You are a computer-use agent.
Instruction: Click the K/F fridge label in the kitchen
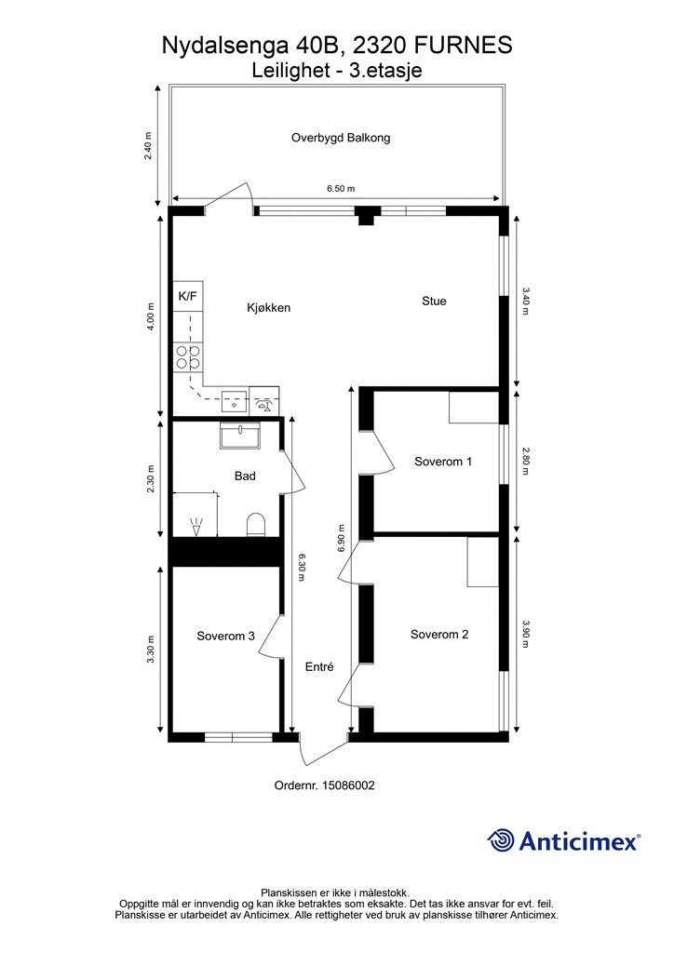click(x=187, y=297)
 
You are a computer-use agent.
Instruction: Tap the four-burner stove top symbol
click(x=188, y=357)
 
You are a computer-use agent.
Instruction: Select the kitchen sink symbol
click(x=234, y=402)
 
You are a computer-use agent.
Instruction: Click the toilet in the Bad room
click(x=256, y=525)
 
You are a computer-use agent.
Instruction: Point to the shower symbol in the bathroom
click(x=195, y=527)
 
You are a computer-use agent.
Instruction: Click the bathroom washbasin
click(x=241, y=436)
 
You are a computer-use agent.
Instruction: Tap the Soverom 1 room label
click(x=443, y=462)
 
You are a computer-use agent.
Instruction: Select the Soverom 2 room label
click(x=439, y=635)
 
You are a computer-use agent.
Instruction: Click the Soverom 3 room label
click(x=225, y=637)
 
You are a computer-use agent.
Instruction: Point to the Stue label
click(x=434, y=301)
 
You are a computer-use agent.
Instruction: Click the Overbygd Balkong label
click(x=341, y=138)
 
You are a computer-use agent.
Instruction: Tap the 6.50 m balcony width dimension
click(x=341, y=188)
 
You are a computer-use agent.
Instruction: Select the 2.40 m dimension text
click(x=148, y=146)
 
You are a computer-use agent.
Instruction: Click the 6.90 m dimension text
click(x=341, y=539)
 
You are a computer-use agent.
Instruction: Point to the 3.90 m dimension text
click(x=526, y=634)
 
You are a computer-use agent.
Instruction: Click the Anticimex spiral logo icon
click(x=501, y=840)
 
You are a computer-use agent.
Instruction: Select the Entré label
click(x=319, y=666)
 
